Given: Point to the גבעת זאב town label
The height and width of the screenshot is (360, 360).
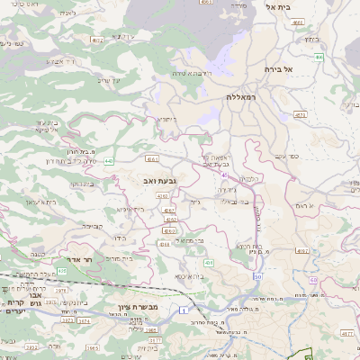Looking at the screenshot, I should click(158, 181).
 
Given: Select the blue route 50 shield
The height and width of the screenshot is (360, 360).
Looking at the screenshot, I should click(258, 276).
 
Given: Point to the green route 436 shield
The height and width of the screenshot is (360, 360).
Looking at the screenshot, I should click(208, 262).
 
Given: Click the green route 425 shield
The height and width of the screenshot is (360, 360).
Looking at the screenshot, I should click(62, 270).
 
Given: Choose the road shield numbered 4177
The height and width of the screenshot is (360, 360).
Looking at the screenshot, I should click(347, 331).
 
